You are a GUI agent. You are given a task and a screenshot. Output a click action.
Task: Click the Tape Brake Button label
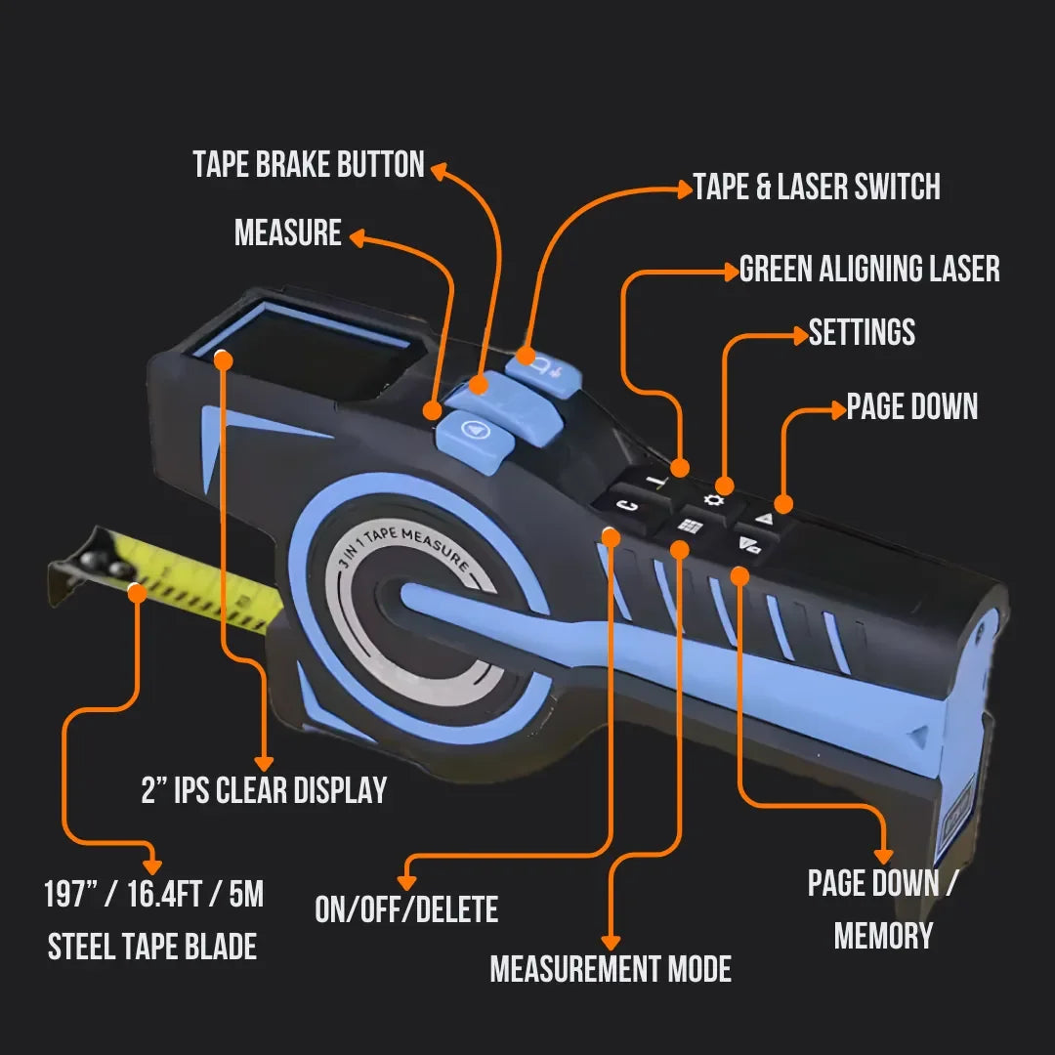(309, 164)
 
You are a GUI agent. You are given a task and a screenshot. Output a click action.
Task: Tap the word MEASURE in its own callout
(288, 233)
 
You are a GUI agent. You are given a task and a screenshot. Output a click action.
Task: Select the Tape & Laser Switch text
(817, 187)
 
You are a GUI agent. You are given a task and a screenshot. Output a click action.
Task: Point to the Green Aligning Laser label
(869, 269)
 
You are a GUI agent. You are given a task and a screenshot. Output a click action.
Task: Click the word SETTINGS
(862, 332)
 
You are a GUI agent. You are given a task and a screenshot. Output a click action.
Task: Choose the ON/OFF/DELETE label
(406, 909)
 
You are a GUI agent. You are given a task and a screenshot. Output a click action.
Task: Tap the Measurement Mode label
(611, 969)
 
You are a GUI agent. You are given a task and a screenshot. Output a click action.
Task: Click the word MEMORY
(883, 935)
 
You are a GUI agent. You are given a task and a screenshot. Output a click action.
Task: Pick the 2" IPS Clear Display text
(264, 790)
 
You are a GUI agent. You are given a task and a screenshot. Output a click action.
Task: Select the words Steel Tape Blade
(152, 947)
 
